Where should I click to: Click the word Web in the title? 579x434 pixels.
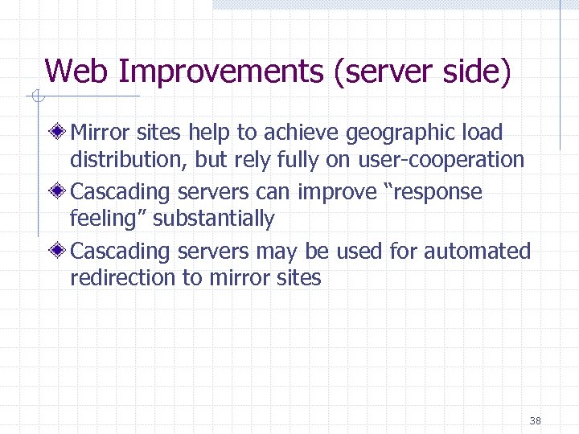[77, 72]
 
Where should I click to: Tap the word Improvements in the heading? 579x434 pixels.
[220, 72]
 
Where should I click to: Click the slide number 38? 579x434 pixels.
[536, 420]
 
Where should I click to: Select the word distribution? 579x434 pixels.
[129, 159]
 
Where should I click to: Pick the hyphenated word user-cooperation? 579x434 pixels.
[441, 159]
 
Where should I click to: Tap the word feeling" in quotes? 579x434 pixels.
[109, 219]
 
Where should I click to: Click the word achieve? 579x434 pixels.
[302, 132]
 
